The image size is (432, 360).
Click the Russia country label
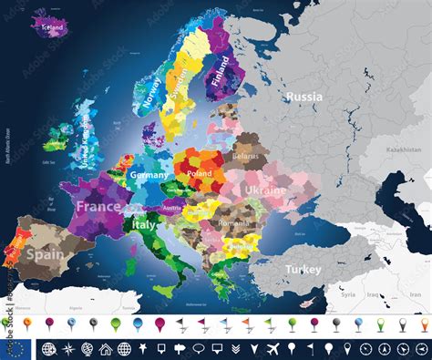tap(303, 96)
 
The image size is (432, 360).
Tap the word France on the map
tap(98, 207)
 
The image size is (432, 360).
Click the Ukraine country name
tap(265, 190)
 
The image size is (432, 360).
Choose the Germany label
tap(149, 174)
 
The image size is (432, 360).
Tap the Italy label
tap(145, 223)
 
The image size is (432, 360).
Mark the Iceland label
tap(53, 28)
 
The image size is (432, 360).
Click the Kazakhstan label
tap(402, 149)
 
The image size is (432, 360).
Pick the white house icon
tap(106, 348)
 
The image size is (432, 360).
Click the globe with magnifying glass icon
tap(67, 348)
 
